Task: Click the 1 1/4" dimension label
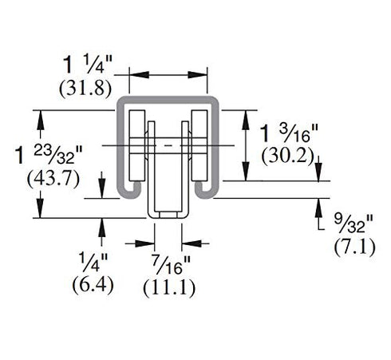(88, 65)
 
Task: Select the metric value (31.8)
(85, 89)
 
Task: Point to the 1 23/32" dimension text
(49, 155)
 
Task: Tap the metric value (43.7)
(53, 179)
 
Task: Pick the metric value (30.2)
(288, 156)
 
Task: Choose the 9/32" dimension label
(353, 224)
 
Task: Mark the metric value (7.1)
(355, 247)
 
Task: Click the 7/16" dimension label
(172, 264)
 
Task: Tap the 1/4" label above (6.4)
(93, 262)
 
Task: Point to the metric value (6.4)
(93, 285)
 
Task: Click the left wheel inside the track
(137, 145)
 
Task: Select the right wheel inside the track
(199, 145)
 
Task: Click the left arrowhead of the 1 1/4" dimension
(139, 75)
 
